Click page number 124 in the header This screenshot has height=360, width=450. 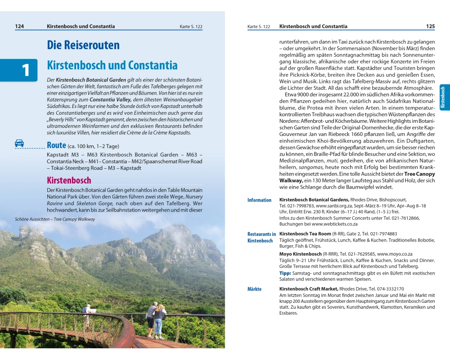click(x=19, y=27)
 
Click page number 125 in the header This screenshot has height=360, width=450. click(x=431, y=27)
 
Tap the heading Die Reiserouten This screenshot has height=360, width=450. click(x=83, y=45)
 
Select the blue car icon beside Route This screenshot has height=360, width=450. click(x=19, y=144)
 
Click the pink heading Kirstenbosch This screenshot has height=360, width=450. click(x=69, y=180)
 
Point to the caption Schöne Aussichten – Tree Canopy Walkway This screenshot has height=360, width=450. click(x=55, y=219)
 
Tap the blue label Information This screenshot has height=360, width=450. click(x=259, y=200)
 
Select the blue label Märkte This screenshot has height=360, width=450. click(x=254, y=289)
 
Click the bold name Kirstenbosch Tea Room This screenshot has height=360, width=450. click(x=305, y=234)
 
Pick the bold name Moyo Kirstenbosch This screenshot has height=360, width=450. click(x=302, y=254)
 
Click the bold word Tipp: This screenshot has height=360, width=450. click(x=285, y=273)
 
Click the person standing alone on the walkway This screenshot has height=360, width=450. click(x=87, y=315)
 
